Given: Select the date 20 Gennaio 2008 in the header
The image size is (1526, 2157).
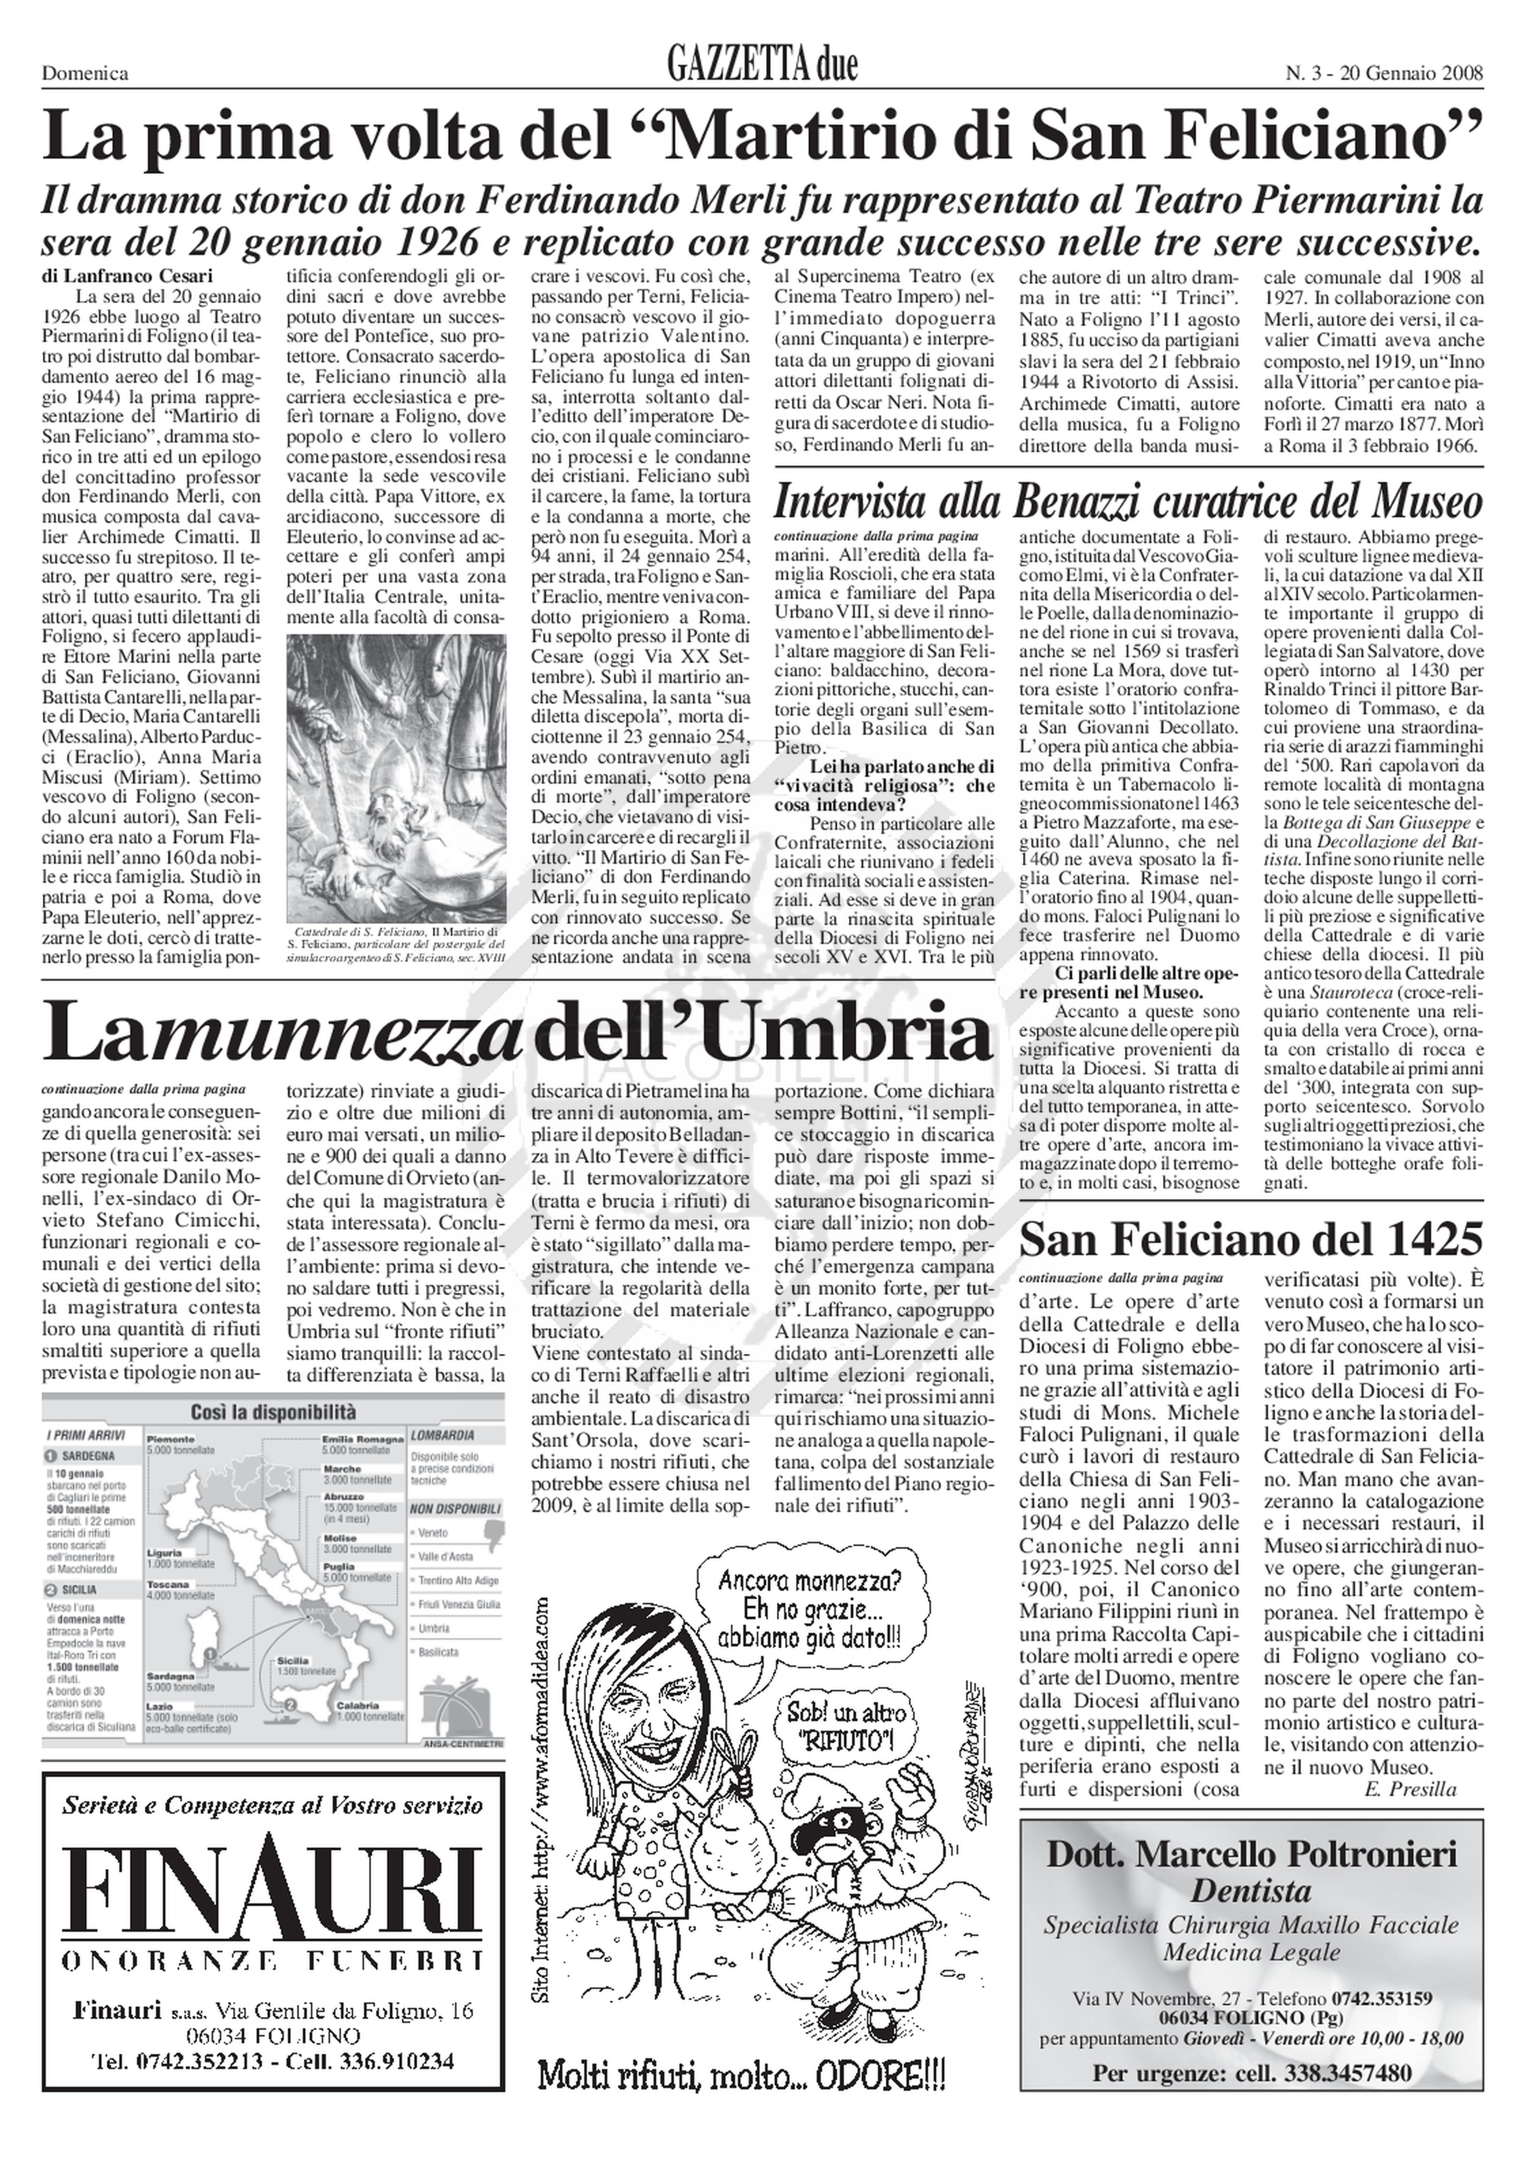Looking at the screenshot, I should pos(1409,73).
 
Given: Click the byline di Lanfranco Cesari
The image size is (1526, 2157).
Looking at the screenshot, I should pos(128,276).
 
